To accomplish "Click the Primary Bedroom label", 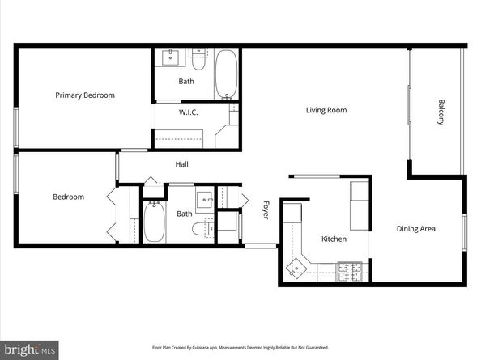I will pos(85,95).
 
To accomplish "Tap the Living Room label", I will pos(326,110).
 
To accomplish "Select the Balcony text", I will pos(441,112).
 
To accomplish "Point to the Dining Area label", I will pos(416,229).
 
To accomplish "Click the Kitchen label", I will pos(334,239).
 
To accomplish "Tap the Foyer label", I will pos(265,210).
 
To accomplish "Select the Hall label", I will pos(183,164).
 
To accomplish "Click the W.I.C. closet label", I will pos(189,112).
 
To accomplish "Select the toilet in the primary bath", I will pos(198,57).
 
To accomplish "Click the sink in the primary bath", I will pos(172,57).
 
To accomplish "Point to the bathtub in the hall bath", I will pos(154,221).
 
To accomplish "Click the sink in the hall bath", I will pos(204,198).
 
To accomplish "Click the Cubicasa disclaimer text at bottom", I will pos(240,347).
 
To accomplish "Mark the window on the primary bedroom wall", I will pos(15,126).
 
